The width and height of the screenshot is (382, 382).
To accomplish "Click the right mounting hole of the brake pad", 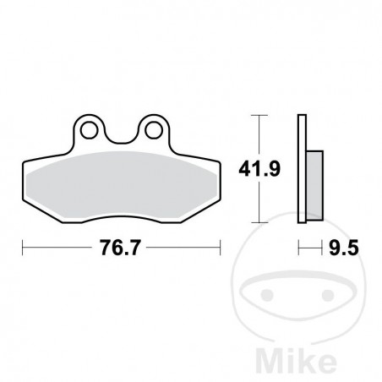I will [x=152, y=130].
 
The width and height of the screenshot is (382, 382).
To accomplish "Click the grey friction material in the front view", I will [x=121, y=188].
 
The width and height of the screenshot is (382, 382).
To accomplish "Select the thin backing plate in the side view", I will [x=301, y=169].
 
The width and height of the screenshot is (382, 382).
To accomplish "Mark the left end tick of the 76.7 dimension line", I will [x=22, y=248].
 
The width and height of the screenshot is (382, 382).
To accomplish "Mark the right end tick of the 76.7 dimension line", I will [x=221, y=248].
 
